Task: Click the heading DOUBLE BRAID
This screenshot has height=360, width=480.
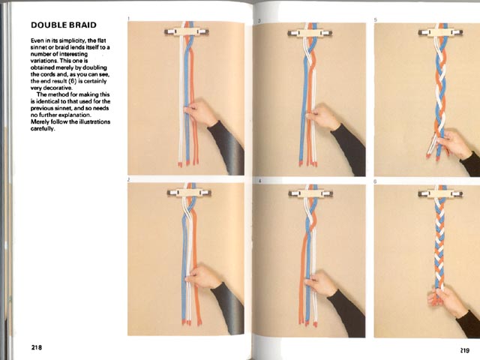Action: (64, 25)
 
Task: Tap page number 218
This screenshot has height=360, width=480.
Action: (37, 347)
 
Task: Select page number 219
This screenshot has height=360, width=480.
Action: (464, 350)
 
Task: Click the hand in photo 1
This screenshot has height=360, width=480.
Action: (201, 112)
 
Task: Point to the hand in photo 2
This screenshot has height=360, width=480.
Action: (202, 277)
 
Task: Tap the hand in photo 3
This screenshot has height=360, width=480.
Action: (323, 117)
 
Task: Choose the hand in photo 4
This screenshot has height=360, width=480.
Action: (322, 283)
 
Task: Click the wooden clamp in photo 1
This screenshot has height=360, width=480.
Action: (187, 31)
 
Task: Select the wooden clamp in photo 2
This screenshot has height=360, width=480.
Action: (189, 193)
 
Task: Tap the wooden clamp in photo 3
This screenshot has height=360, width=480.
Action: (310, 33)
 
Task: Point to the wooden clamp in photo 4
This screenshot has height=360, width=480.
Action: (310, 193)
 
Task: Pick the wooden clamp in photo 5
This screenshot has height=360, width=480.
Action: (440, 32)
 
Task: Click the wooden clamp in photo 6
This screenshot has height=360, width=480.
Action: (440, 193)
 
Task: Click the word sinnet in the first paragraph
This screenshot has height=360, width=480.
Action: (37, 47)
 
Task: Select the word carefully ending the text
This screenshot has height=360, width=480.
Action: (43, 128)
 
